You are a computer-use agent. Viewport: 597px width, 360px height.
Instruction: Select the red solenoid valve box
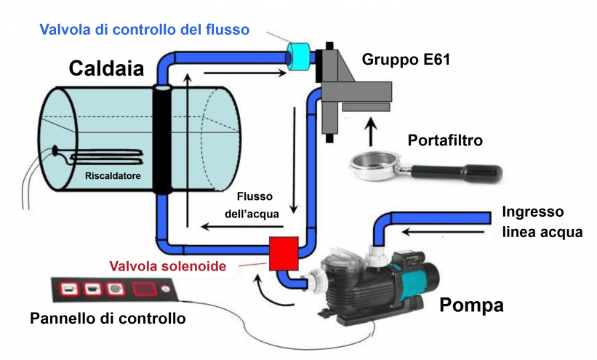283,253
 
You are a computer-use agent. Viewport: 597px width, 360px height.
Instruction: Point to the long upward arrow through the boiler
188,145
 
